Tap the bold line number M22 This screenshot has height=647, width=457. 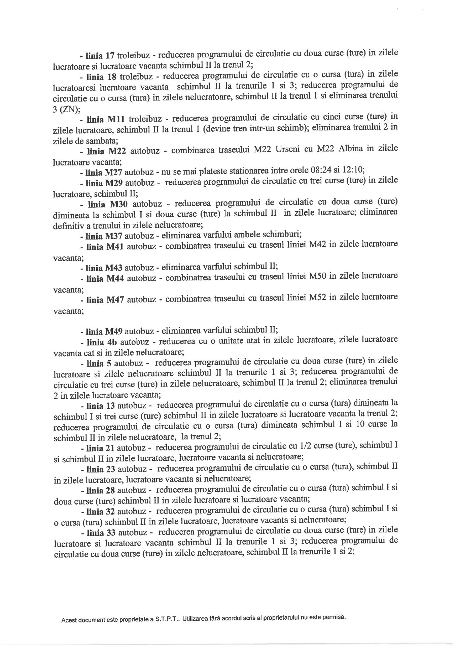coord(114,151)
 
